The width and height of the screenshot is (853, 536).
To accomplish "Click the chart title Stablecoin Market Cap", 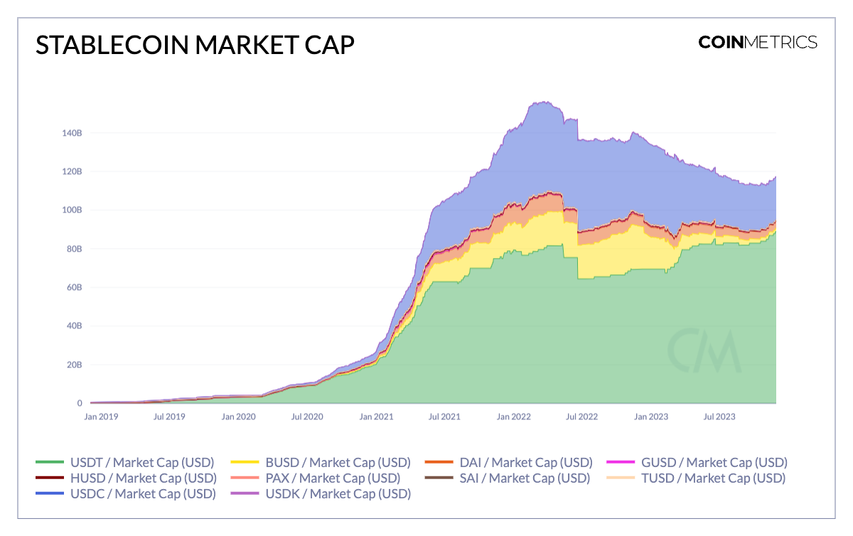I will pyautogui.click(x=195, y=45).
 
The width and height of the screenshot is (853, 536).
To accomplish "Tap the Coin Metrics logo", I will pyautogui.click(x=757, y=42).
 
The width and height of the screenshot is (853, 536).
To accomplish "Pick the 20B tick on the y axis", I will pyautogui.click(x=74, y=365).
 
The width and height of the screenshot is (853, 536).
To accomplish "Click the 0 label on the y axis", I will pyautogui.click(x=80, y=403).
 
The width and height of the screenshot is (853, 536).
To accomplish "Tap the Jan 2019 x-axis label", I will pyautogui.click(x=101, y=417).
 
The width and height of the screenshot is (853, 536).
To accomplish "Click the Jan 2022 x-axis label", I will pyautogui.click(x=514, y=417).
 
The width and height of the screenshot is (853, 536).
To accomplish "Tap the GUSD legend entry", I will pyautogui.click(x=696, y=462).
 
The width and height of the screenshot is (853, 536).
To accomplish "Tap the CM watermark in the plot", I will pyautogui.click(x=704, y=350).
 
